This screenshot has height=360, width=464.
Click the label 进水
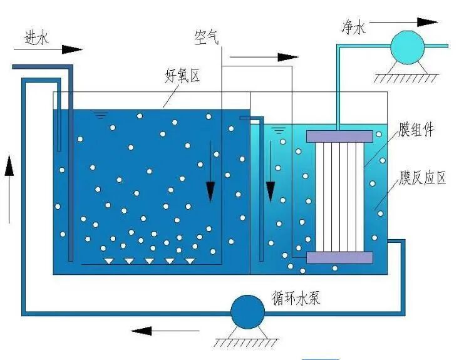point(36,38)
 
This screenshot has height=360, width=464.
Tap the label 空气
point(206,39)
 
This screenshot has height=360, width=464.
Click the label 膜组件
point(416,130)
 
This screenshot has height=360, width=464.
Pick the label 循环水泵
point(296,297)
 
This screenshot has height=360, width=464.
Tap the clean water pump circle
point(407,45)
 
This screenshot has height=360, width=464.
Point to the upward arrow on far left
point(9,188)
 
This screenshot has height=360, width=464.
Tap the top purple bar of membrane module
point(339,136)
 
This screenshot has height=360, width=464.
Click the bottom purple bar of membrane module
point(339,257)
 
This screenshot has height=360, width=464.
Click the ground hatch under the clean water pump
point(407,78)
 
